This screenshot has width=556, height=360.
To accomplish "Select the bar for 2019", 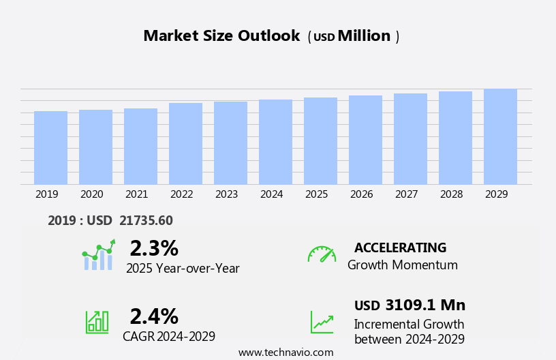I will pos(50,147).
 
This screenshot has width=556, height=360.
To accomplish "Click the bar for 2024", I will pos(275,142).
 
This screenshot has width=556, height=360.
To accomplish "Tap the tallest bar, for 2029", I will pos(500,136).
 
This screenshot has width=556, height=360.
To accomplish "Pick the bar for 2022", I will pos(185,143).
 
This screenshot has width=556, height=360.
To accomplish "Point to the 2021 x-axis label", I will pos(136,194).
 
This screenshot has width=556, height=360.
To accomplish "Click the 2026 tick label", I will pos(361,194).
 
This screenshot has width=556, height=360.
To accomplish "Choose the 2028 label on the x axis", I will pos(451,194).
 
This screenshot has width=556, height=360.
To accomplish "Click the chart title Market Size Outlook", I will pos(221,36).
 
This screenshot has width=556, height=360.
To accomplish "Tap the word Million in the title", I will pos(364,36).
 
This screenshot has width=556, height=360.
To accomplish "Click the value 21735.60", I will pos(146,220).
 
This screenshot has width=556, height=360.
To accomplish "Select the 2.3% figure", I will pos(154,248).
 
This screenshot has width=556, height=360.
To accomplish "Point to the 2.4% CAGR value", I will pos(154,316).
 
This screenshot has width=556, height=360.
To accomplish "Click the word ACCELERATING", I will pos(400,247).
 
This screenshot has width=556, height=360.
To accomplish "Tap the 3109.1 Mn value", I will pos(425,305).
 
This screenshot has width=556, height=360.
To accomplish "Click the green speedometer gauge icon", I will pos(322,254).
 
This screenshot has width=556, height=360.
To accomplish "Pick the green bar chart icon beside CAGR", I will pos(97,321).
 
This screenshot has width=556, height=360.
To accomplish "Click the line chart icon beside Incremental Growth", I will pos(322,322).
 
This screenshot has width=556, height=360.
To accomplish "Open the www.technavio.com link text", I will pos(285,352).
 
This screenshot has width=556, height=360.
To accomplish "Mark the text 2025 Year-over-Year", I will pos(183,269).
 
